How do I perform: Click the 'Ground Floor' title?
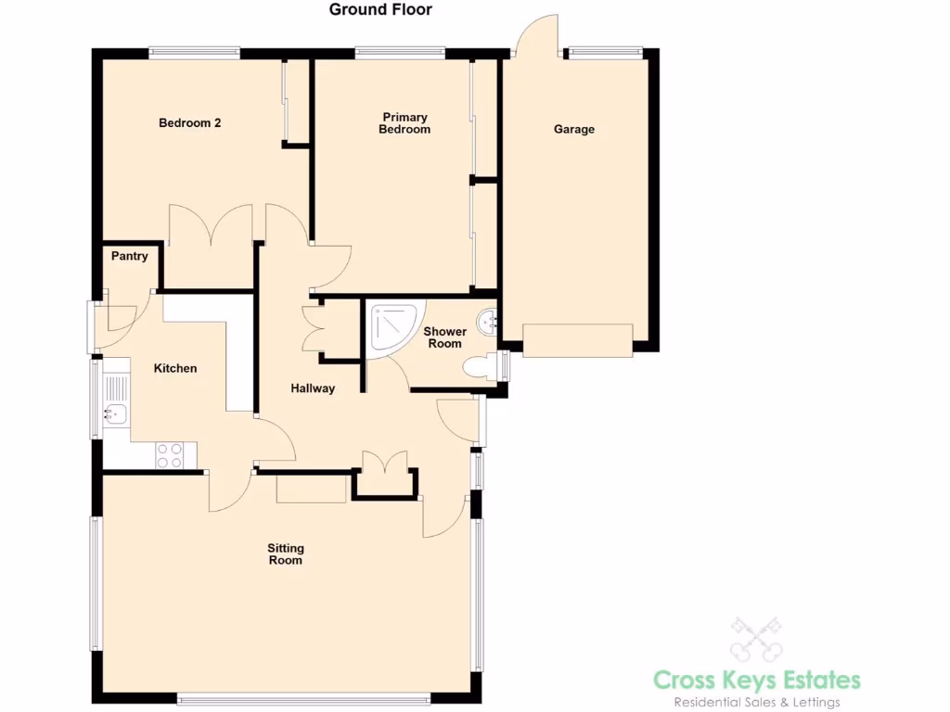tap(380, 10)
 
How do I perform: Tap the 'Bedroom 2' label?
tap(189, 122)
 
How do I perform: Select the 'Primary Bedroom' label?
tap(404, 123)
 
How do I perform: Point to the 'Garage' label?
tap(574, 130)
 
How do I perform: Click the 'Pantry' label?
tap(129, 256)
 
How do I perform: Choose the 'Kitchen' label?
tap(175, 368)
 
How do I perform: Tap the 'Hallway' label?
tap(312, 388)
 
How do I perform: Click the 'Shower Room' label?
tap(444, 337)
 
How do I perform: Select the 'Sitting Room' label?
tap(286, 554)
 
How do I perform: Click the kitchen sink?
tap(115, 414)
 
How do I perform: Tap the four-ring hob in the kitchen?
tap(170, 454)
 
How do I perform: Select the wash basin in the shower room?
tap(487, 323)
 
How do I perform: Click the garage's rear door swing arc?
tap(536, 32)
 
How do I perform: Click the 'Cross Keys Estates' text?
tap(757, 680)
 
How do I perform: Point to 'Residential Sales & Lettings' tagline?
tap(757, 703)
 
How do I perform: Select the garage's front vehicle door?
tap(578, 340)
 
